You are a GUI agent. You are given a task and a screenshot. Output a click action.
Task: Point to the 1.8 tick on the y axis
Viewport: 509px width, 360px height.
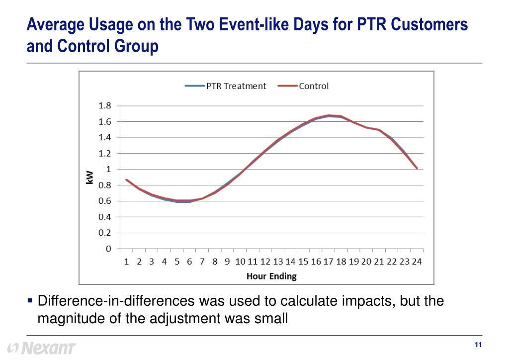pos(105,106)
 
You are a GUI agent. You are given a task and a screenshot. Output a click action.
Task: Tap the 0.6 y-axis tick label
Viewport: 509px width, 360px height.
pos(105,201)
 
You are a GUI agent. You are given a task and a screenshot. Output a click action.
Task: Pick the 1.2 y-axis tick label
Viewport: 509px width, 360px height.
pos(105,154)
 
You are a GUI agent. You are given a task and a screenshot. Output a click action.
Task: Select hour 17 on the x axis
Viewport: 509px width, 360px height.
pos(328,262)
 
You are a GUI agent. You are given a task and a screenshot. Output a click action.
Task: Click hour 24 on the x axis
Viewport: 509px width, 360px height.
pos(417,262)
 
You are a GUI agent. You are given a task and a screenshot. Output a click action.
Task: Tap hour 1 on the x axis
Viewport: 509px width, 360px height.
pos(127,262)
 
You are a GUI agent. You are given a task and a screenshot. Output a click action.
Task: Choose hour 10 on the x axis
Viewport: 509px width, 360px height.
pos(240,262)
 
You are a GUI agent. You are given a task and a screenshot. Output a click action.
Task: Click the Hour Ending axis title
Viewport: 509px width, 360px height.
pos(271,276)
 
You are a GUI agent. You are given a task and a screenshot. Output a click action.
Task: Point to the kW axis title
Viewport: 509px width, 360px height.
pos(90,177)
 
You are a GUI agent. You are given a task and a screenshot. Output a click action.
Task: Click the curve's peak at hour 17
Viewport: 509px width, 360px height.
pos(328,115)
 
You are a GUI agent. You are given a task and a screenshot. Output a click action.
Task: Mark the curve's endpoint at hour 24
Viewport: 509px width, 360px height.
pos(417,169)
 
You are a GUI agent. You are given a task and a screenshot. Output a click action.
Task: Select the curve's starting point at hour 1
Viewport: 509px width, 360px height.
pos(127,180)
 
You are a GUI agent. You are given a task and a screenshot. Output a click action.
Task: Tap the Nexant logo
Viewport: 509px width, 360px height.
pos(42,348)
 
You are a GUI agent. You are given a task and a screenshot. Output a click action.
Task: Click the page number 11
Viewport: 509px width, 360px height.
pos(479,346)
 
